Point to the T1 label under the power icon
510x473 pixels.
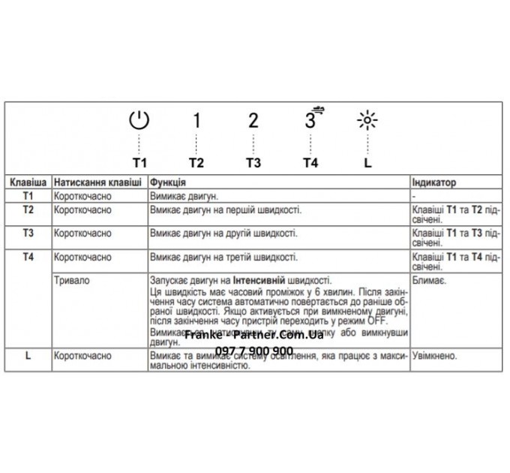click(140, 162)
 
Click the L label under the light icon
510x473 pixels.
click(367, 162)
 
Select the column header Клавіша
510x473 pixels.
click(29, 182)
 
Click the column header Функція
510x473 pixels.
click(168, 182)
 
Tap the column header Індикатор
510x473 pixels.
click(434, 182)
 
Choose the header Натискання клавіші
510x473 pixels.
click(97, 182)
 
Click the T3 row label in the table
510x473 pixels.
click(28, 233)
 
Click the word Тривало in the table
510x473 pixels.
click(70, 279)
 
